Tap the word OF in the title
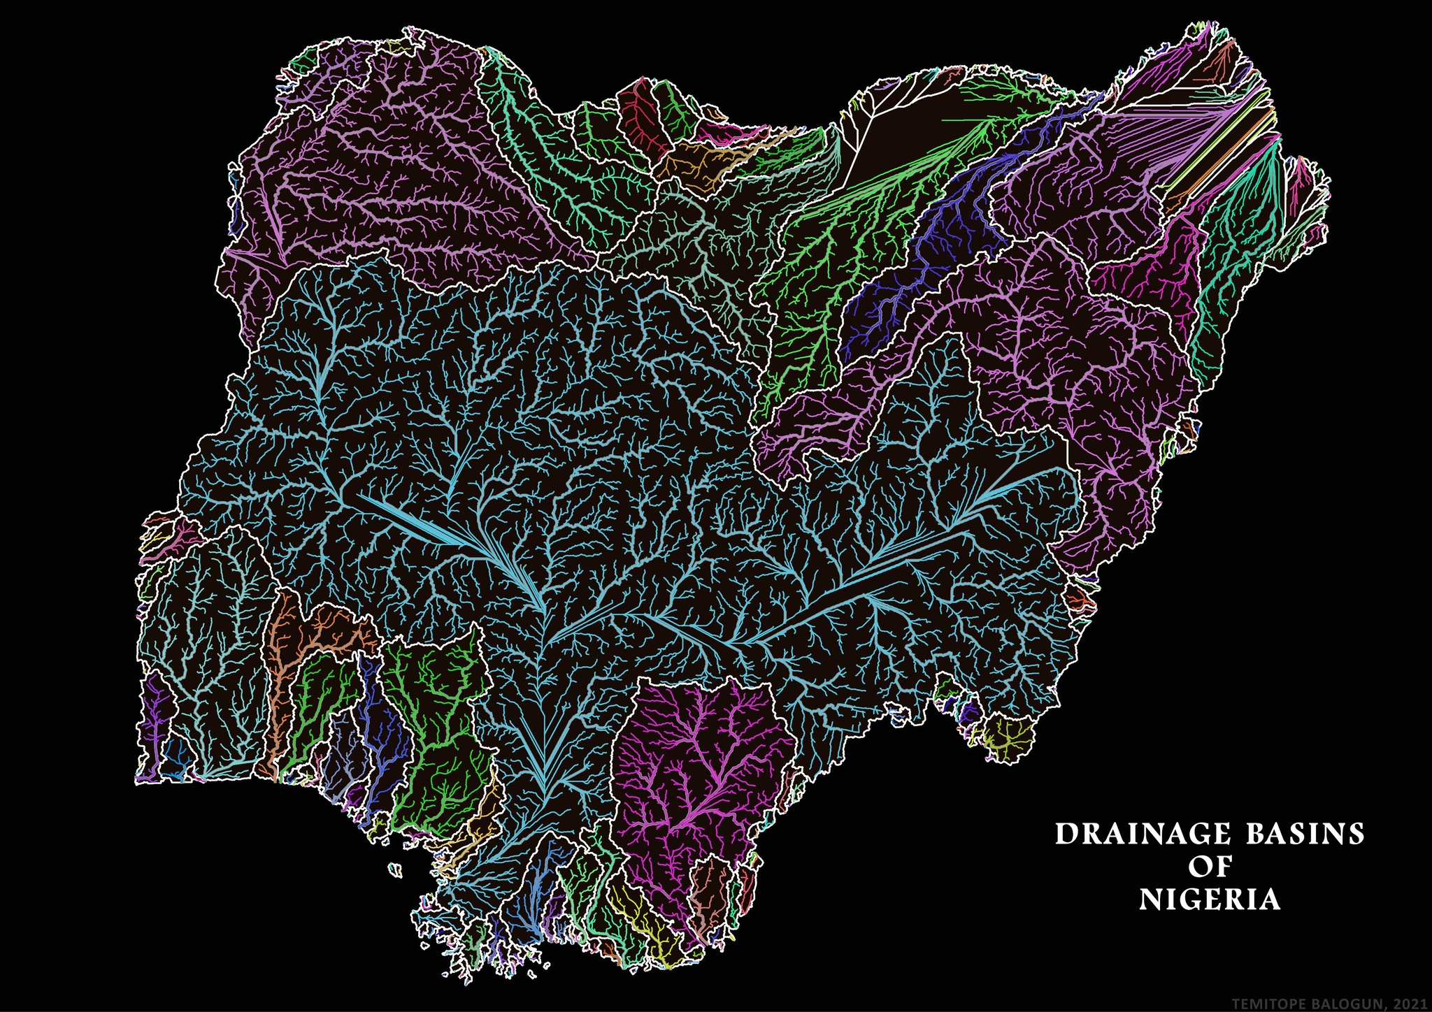tap(1210, 867)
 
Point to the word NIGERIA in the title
tap(1210, 899)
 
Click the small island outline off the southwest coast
tap(396, 869)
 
